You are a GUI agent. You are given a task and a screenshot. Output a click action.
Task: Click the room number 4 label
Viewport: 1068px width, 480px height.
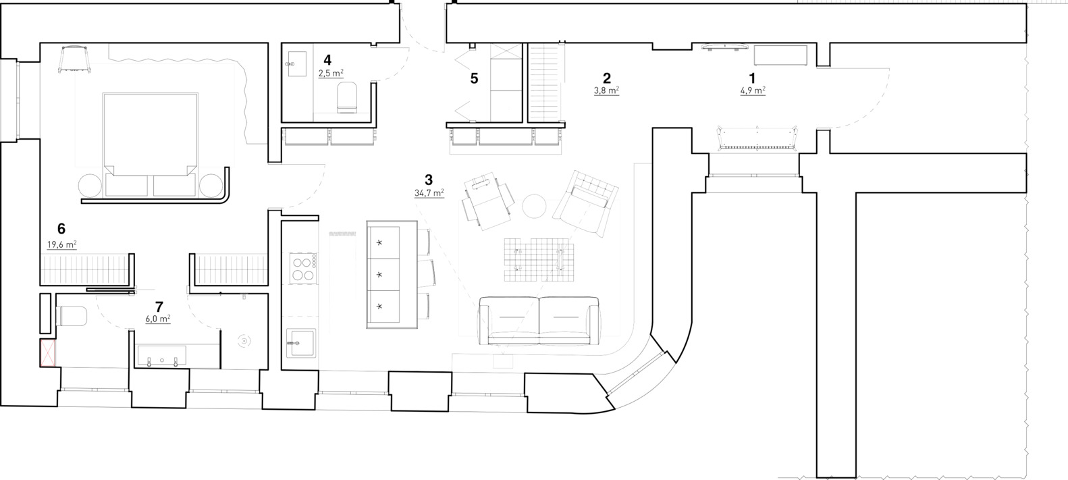coord(327,60)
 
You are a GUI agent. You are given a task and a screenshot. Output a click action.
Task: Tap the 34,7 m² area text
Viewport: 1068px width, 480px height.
coord(429,193)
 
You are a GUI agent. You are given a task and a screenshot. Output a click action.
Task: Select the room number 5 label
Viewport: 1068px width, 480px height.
coord(474,78)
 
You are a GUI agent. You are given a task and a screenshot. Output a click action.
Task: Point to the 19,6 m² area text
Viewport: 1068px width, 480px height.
coord(61,245)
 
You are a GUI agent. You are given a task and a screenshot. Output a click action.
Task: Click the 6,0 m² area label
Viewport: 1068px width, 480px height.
coord(158,319)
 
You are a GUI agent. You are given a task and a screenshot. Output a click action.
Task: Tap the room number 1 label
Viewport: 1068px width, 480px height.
coord(753,78)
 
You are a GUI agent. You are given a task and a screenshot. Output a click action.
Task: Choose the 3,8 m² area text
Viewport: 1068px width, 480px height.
coord(606,90)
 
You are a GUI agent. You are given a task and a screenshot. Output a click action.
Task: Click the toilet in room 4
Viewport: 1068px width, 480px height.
coord(347,97)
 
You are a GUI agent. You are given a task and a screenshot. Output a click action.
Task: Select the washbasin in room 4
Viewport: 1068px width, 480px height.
coord(298,64)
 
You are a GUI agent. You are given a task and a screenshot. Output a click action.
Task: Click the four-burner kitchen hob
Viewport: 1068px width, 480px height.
coord(303,268)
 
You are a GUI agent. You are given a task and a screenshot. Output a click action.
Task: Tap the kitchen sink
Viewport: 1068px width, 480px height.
coord(300,343)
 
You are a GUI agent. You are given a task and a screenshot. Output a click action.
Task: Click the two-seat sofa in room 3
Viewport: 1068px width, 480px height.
coord(539,320)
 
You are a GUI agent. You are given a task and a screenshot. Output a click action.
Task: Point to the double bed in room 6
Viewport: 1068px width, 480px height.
coord(150,144)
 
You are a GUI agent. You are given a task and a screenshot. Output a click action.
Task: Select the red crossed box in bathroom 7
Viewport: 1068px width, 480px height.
coord(48,352)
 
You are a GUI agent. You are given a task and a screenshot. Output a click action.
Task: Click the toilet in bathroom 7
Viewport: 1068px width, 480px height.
coord(72,316)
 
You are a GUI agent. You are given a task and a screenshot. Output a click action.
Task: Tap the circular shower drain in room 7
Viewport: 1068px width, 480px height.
coord(244,341)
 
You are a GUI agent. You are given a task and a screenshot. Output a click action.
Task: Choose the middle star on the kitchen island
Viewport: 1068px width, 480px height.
coord(379,275)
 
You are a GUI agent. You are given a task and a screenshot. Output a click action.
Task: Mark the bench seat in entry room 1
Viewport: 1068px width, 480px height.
coord(757,138)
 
